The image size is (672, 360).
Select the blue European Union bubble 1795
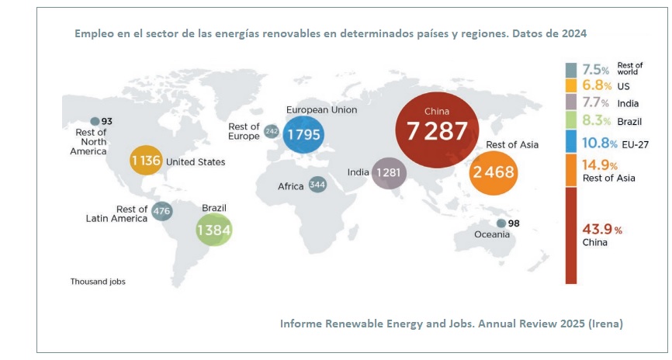(x=304, y=135)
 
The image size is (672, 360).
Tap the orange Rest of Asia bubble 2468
(x=494, y=172)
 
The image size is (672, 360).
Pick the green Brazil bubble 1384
(x=214, y=230)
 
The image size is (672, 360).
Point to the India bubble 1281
(x=389, y=173)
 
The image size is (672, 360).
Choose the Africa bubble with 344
(x=317, y=185)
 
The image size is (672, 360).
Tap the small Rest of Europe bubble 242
(x=271, y=132)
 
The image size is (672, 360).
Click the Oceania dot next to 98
(x=501, y=223)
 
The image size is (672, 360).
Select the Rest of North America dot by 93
(x=95, y=121)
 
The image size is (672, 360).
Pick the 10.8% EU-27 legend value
(x=600, y=144)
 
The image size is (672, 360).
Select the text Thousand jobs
(x=98, y=282)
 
